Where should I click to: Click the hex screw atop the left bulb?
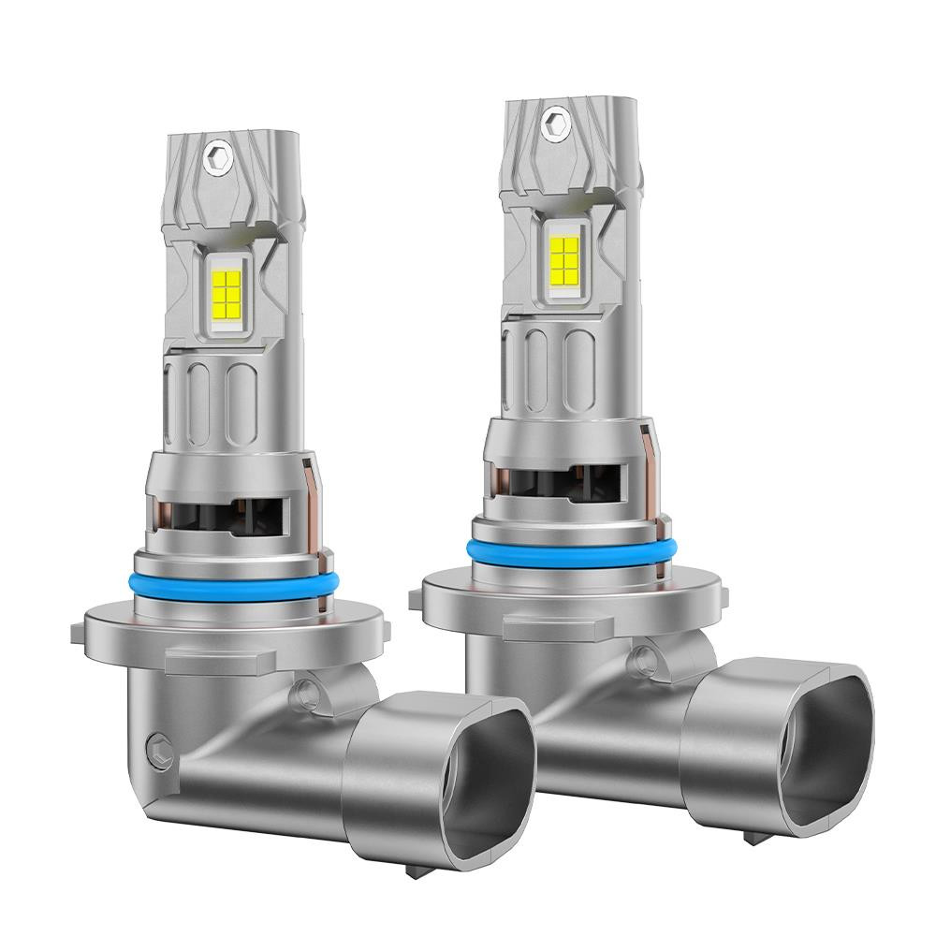tap(217, 155)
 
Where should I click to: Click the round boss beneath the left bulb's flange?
tap(305, 693)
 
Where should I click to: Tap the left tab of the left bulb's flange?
tap(79, 632)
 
